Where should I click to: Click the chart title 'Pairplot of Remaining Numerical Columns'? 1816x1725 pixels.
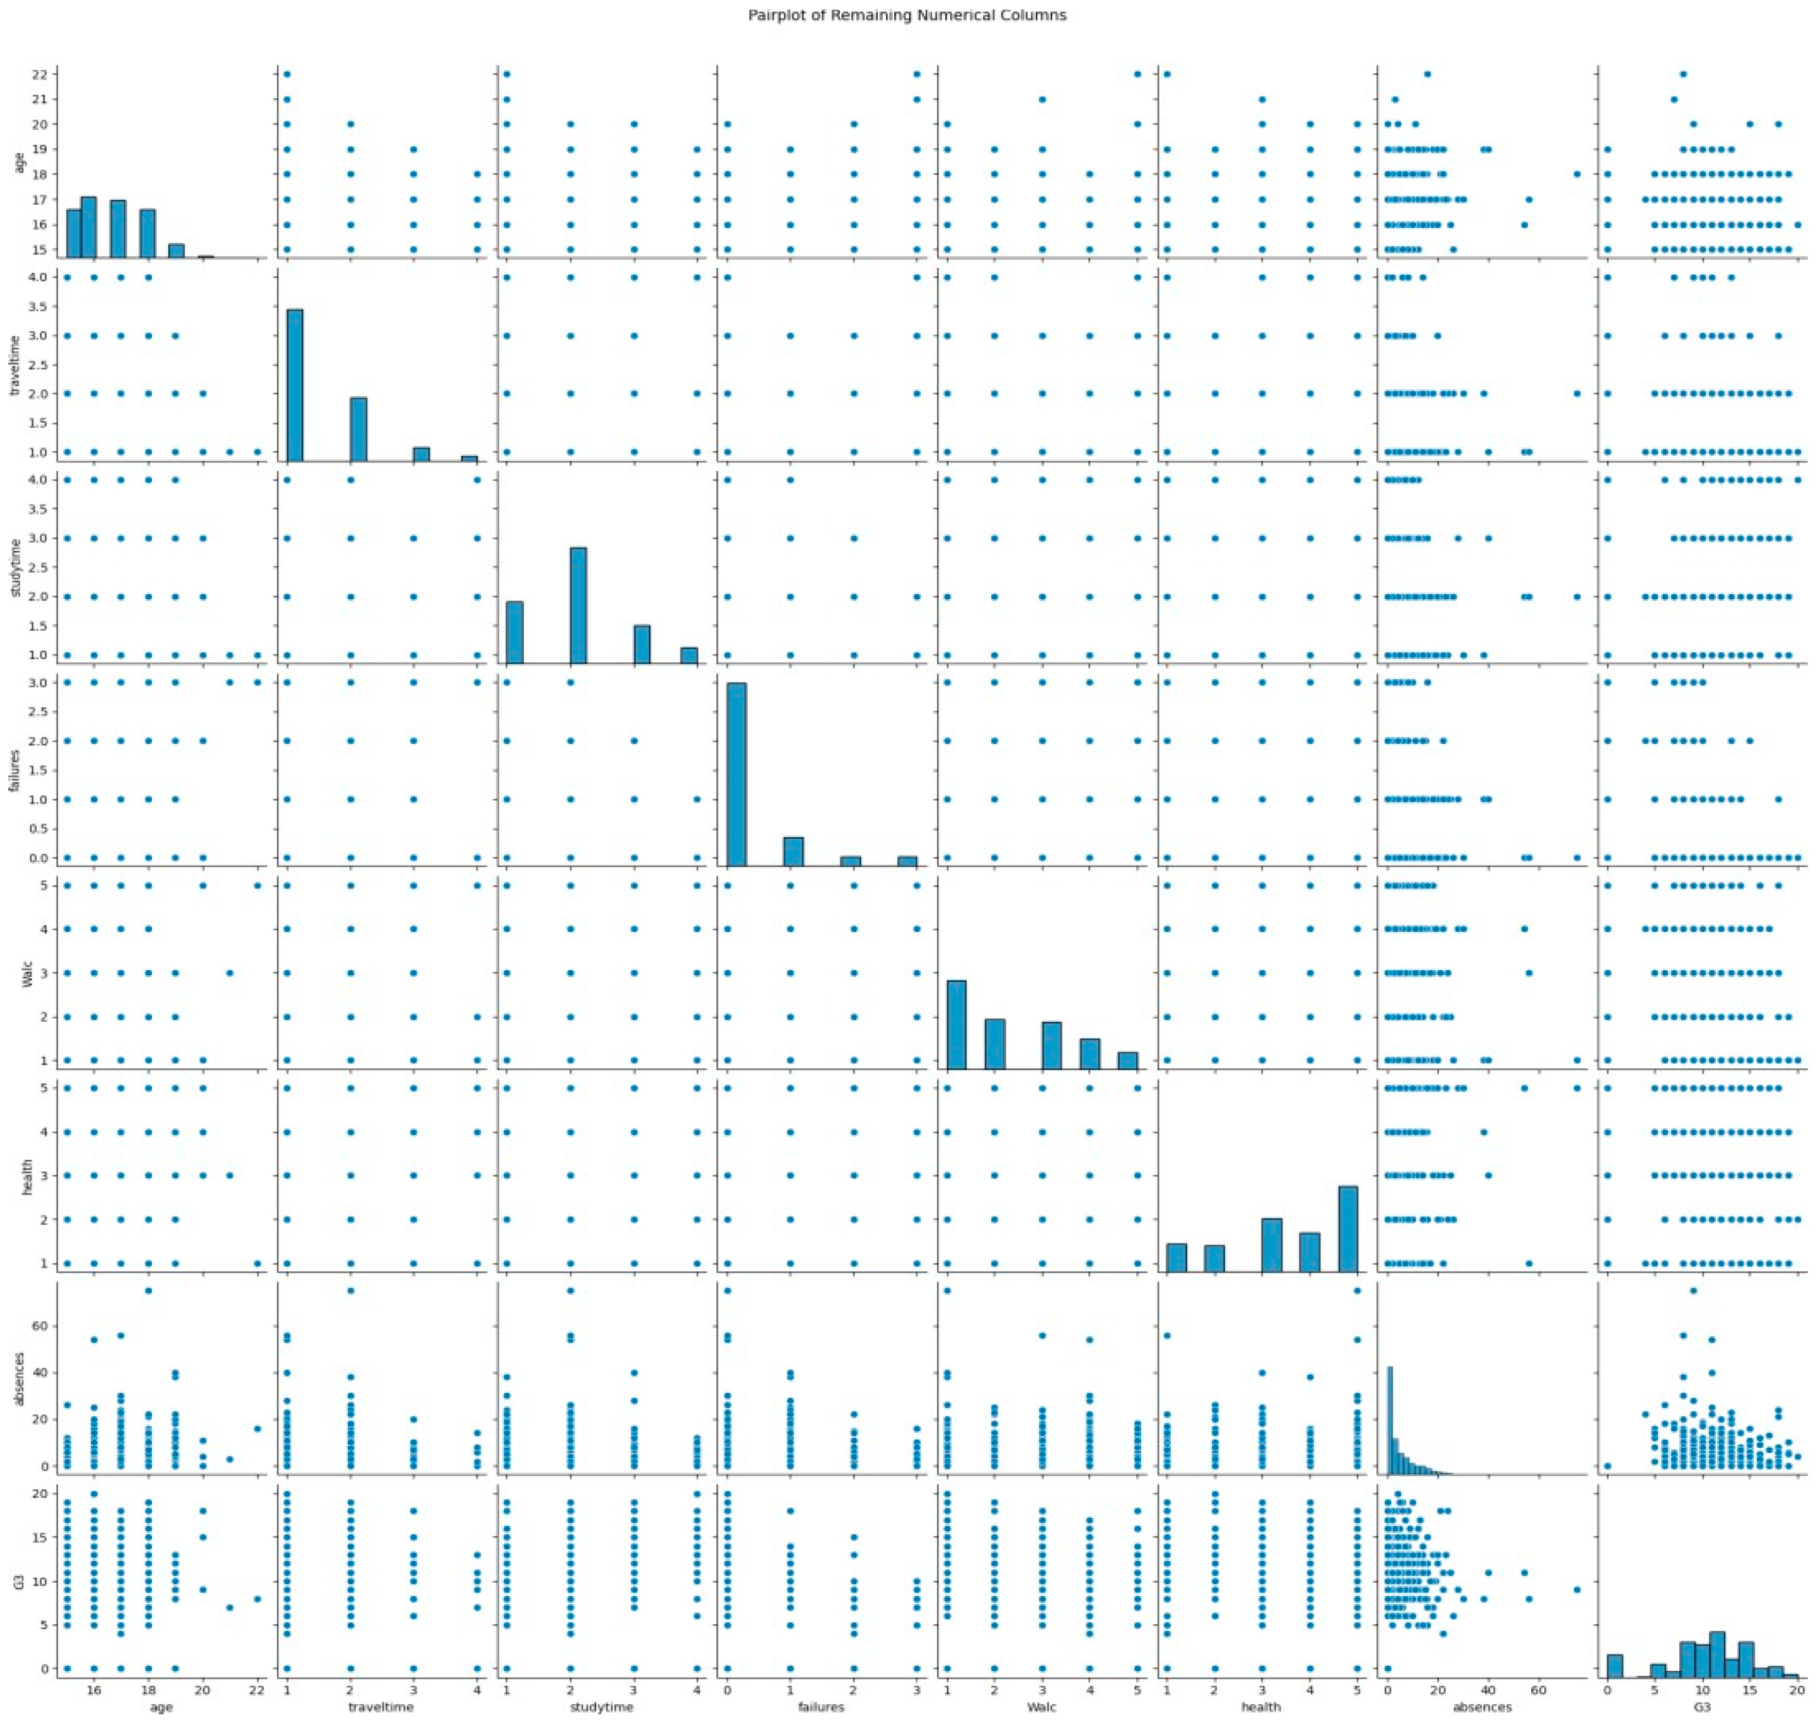(907, 16)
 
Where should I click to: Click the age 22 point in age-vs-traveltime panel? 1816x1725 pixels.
(287, 74)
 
